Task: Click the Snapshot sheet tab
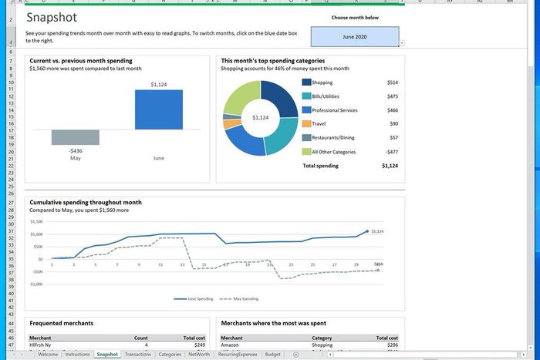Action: click(107, 355)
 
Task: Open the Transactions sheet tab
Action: click(138, 355)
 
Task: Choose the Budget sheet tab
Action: click(272, 355)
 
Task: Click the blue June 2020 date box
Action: click(355, 36)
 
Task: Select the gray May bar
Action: click(76, 137)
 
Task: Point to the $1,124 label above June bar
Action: click(159, 84)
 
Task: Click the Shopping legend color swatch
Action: click(306, 82)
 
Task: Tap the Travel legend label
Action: click(320, 124)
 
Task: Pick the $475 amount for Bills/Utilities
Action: click(393, 96)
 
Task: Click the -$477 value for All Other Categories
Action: click(392, 152)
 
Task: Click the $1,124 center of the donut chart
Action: click(260, 118)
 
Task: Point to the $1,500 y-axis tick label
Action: click(35, 221)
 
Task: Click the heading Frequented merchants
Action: click(61, 323)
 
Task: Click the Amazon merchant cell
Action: click(231, 345)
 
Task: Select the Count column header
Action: click(140, 338)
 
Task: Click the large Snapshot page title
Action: click(52, 17)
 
